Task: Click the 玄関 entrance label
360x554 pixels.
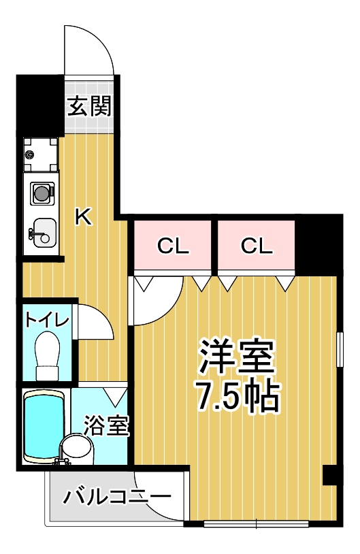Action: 90,105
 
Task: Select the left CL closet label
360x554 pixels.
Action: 173,246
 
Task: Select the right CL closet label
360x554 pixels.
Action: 257,246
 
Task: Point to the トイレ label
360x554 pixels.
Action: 47,320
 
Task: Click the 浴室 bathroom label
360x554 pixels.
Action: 106,425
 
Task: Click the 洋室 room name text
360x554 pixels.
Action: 237,357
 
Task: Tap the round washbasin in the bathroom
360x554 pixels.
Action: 77,448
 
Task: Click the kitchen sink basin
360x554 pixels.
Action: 43,233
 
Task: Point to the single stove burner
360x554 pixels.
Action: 42,193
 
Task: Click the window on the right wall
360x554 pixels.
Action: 339,350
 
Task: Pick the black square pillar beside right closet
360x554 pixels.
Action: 318,243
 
